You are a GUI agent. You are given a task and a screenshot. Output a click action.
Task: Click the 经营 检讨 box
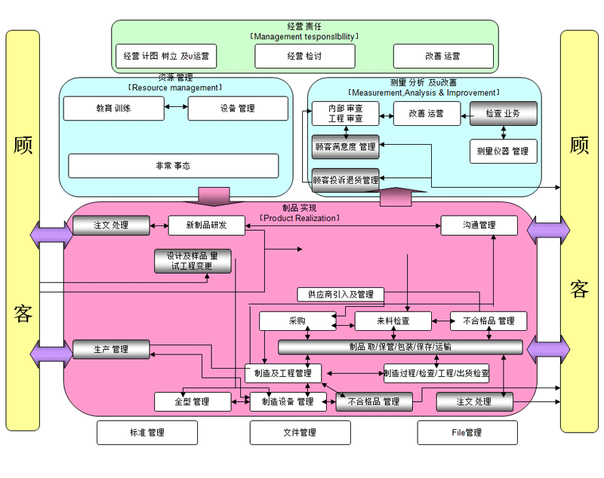click(304, 57)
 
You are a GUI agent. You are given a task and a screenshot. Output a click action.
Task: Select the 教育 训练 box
click(113, 109)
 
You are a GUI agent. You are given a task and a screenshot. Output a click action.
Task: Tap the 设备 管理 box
click(238, 109)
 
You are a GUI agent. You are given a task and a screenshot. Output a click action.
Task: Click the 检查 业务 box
click(504, 114)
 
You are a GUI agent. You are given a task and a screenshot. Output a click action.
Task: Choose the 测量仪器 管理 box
click(504, 151)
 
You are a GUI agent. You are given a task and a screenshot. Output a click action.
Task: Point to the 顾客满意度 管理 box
click(345, 146)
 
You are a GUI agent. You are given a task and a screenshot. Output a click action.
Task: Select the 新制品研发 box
click(206, 225)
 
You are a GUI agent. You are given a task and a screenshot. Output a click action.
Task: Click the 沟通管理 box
click(479, 225)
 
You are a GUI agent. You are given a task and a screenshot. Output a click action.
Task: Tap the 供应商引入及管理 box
click(335, 294)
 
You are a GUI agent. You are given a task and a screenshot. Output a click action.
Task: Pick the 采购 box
click(297, 321)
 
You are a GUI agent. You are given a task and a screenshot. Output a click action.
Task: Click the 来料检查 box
click(393, 321)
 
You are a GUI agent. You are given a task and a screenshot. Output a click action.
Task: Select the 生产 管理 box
click(111, 350)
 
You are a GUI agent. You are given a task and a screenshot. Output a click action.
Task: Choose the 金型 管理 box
click(192, 402)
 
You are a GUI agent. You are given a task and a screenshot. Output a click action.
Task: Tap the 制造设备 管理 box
click(282, 402)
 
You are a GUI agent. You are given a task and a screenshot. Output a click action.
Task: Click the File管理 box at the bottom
click(467, 433)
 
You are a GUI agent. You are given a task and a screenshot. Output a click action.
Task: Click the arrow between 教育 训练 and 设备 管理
click(176, 109)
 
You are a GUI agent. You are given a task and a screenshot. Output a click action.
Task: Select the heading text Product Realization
click(299, 218)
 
